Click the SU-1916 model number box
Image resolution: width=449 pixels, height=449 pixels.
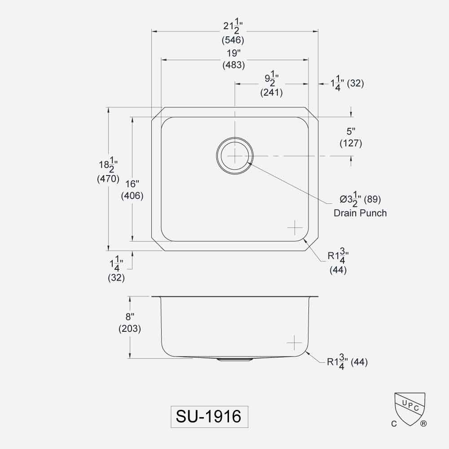click(x=209, y=416)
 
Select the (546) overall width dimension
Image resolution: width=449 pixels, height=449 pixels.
click(x=233, y=40)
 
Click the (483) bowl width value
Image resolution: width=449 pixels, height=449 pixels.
click(x=233, y=65)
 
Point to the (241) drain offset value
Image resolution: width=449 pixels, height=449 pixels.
click(x=271, y=93)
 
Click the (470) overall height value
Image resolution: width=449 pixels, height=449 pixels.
click(x=108, y=179)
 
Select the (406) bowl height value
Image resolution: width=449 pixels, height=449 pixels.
click(x=132, y=196)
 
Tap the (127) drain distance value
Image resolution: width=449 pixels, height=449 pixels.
click(x=351, y=144)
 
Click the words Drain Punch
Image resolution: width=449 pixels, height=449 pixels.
click(x=360, y=213)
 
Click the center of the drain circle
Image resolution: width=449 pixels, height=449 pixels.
click(x=234, y=155)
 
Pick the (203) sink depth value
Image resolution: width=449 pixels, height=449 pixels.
click(x=130, y=329)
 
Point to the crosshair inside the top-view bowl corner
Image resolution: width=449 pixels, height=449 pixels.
click(x=295, y=228)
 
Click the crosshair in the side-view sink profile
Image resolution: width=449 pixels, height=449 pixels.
click(x=295, y=343)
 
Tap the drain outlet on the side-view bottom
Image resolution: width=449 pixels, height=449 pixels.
click(x=234, y=360)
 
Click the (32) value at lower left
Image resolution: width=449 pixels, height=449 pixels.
click(x=116, y=277)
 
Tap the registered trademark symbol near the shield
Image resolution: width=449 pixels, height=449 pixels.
click(x=423, y=423)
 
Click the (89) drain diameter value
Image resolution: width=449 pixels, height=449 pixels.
click(x=372, y=198)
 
